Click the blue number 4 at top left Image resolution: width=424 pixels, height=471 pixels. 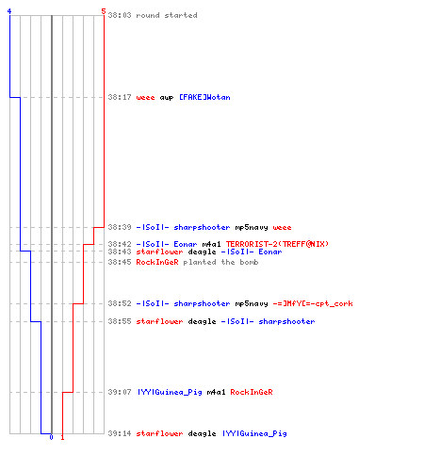(9, 11)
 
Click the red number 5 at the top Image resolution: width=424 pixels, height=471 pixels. (104, 11)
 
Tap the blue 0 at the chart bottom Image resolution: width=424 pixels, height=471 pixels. (51, 437)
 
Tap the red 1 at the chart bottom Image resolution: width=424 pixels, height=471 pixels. (62, 437)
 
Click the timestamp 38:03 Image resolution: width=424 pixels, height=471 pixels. (120, 15)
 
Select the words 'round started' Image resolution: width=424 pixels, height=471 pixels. (167, 15)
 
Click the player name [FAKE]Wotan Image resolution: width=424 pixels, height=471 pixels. (204, 97)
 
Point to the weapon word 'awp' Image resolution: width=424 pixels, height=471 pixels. (167, 98)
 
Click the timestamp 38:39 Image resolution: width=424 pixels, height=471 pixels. (120, 227)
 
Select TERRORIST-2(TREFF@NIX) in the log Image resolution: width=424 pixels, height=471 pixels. (277, 244)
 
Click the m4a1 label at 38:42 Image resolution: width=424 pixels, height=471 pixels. (211, 244)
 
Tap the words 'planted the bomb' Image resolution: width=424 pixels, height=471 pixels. (220, 262)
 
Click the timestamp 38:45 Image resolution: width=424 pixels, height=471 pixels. (120, 262)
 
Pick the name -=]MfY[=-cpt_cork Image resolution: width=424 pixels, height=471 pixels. (313, 303)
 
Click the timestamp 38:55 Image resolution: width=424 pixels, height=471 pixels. (120, 321)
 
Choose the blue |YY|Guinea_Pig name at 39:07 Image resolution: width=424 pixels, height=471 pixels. (170, 392)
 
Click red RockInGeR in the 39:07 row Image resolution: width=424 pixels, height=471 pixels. (252, 392)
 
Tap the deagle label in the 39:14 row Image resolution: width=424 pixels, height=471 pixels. (202, 433)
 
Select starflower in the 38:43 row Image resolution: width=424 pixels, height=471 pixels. (159, 252)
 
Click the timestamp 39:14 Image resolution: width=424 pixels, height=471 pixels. (120, 433)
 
